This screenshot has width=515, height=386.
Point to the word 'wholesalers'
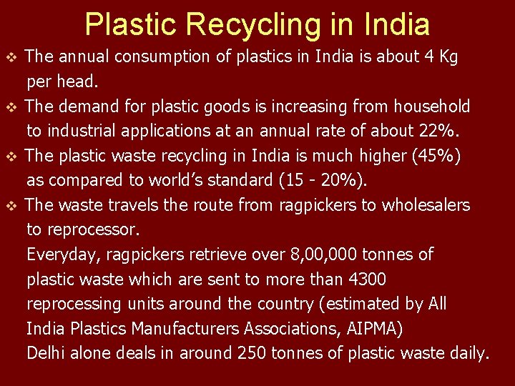point(426,206)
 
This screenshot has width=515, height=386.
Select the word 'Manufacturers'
point(187,329)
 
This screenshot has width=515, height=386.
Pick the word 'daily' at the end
point(471,353)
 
